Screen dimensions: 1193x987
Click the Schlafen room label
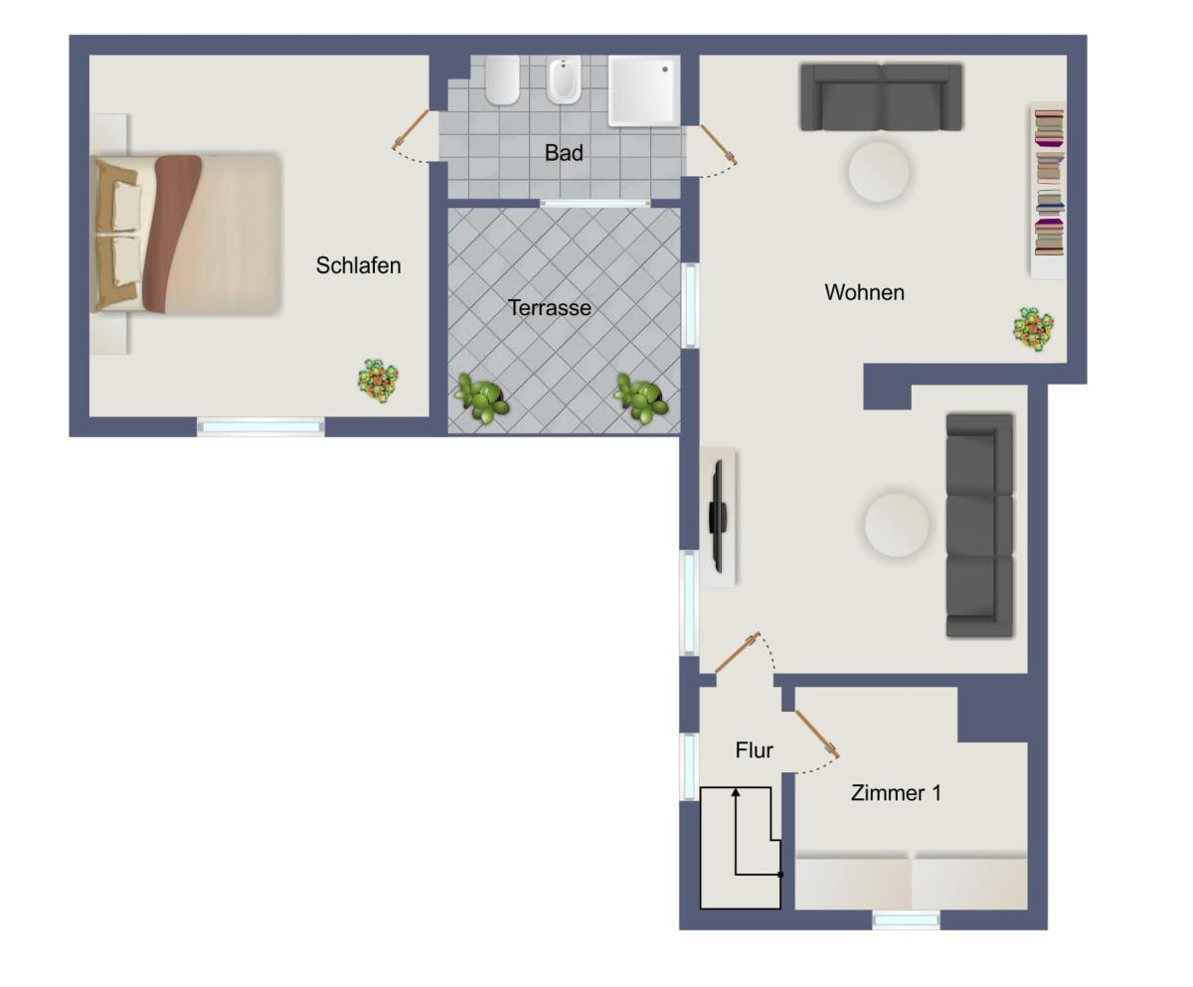pos(358,265)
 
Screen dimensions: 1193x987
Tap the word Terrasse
pos(549,308)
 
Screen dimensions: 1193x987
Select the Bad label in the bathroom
pos(564,153)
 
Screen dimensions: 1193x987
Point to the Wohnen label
pos(864,292)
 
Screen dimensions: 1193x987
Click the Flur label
pos(755,750)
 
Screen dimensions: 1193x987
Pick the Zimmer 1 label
pos(896,793)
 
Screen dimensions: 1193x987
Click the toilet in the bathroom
pos(502,80)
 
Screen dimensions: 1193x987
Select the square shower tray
pos(644,90)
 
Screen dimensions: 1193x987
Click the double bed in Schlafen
pos(187,234)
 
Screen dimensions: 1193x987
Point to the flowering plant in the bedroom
pos(378,380)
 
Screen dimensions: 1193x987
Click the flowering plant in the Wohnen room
pos(1033,328)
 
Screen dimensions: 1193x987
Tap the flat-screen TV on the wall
pos(717,516)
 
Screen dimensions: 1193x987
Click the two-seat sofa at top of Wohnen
pos(881,97)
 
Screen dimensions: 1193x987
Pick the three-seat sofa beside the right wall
pos(979,525)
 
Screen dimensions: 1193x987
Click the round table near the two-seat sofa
pos(879,171)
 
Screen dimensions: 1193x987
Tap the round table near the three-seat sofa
pos(897,524)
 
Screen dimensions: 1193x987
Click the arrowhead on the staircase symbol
pos(736,793)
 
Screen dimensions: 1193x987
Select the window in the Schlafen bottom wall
pos(261,426)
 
